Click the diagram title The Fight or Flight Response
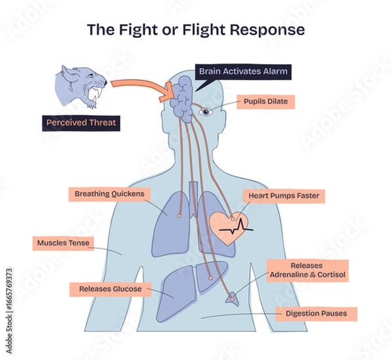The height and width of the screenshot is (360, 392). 196,30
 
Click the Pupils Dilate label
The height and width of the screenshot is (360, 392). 266,102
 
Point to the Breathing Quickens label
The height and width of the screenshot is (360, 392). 110,194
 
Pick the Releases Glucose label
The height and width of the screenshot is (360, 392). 110,288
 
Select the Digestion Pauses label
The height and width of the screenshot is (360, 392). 316,314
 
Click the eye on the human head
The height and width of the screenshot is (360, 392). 206,112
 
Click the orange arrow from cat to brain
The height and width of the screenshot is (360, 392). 137,85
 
